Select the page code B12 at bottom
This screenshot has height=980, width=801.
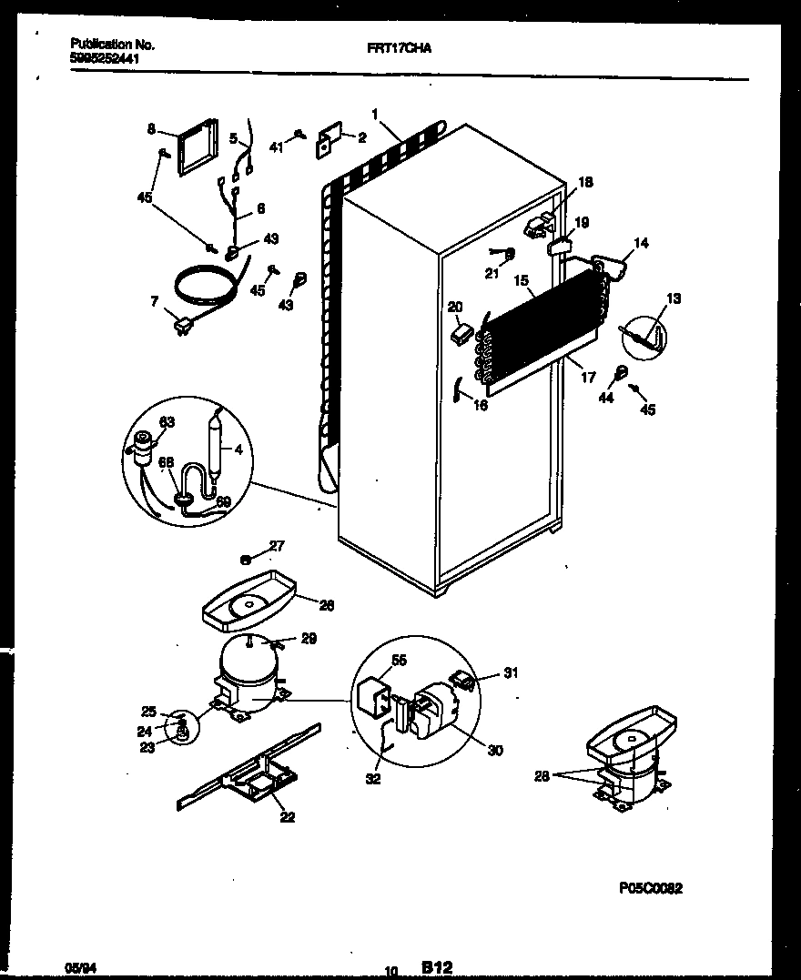coord(437,967)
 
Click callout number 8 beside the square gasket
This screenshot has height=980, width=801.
coord(151,130)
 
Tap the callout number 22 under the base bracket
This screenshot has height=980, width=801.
coord(288,816)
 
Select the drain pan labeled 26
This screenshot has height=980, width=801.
coord(246,605)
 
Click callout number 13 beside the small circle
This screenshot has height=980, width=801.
coord(673,298)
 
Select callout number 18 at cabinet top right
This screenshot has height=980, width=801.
coord(584,183)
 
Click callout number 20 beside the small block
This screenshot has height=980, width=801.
coord(454,308)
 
